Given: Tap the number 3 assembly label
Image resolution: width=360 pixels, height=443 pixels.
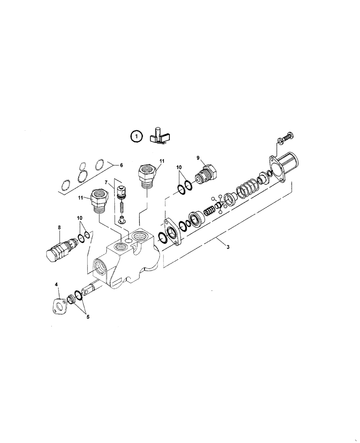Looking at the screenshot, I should pos(228,247).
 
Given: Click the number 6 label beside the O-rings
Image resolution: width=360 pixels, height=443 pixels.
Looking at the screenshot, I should pos(118,164).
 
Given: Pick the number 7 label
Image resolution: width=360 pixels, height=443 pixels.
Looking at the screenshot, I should pos(106,183).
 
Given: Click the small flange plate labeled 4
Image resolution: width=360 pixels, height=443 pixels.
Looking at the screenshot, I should pos(58,307).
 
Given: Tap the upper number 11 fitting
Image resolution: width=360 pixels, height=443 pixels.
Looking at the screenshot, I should pos(147,174).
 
